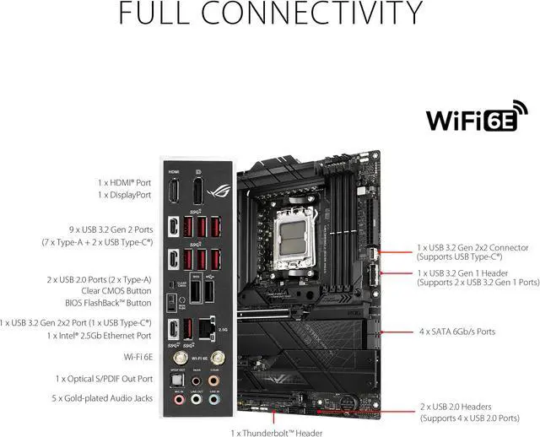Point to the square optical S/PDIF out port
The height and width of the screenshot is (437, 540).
[x=176, y=381]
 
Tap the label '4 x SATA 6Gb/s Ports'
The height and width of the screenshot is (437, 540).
[x=457, y=332]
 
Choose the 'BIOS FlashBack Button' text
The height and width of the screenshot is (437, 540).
[x=108, y=302]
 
